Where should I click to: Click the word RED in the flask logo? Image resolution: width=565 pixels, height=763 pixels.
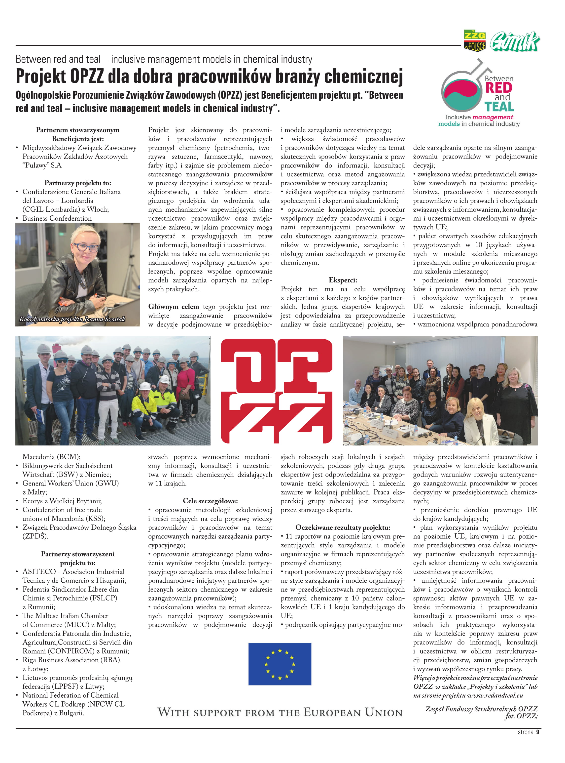tap(499, 88)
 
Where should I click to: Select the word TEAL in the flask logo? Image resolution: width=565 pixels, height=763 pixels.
tap(499, 107)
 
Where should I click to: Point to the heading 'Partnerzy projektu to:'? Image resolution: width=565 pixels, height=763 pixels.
tap(78, 183)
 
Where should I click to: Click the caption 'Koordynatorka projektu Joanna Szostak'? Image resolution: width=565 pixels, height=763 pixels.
tap(72, 319)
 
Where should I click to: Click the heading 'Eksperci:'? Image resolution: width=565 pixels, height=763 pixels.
tap(342, 280)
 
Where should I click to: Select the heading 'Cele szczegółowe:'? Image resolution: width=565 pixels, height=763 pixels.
tap(210, 501)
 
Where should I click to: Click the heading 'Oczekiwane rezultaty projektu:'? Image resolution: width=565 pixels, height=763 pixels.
tap(342, 527)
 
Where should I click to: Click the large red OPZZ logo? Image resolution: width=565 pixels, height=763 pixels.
tap(276, 391)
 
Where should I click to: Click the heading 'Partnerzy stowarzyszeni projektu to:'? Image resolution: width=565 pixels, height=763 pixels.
tap(78, 558)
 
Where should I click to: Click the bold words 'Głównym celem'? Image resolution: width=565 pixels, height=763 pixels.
tap(174, 307)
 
